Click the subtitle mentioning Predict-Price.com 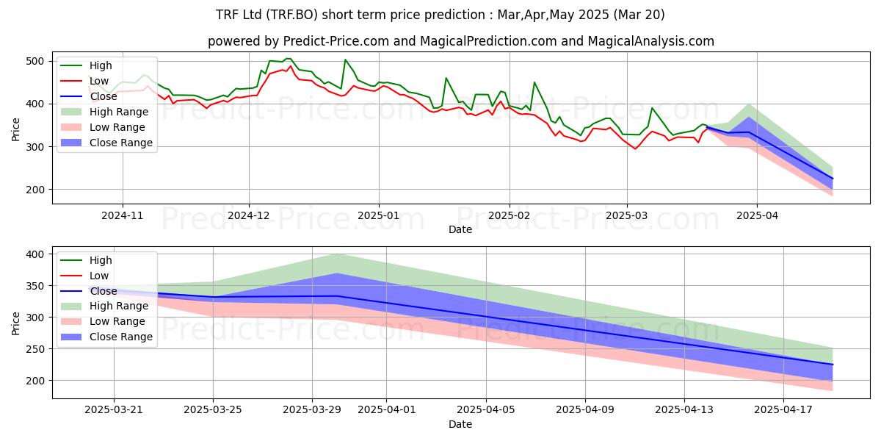tap(460, 41)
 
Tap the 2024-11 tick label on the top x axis tap(122, 216)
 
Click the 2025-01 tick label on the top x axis tap(378, 216)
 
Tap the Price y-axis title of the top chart tap(16, 129)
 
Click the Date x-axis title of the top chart tap(460, 229)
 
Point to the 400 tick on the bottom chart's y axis tap(37, 254)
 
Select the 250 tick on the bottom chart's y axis tap(37, 349)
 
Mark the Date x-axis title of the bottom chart tap(460, 424)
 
